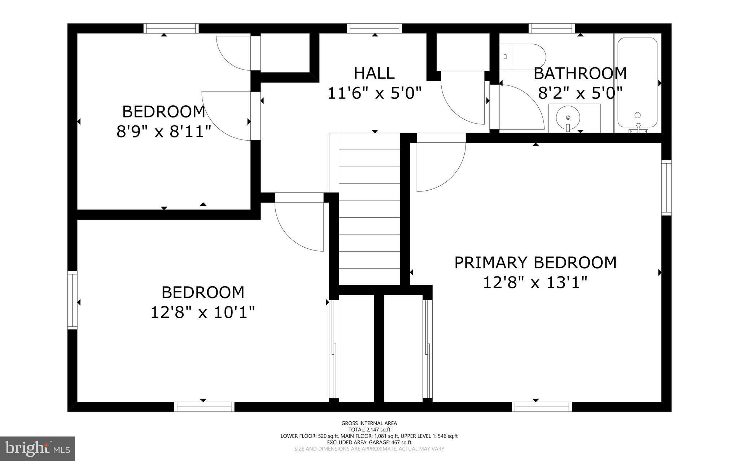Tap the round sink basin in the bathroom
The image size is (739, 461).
(568, 118)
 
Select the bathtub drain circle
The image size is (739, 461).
(638, 115)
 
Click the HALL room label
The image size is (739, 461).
(374, 73)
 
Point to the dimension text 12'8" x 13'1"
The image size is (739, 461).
(535, 282)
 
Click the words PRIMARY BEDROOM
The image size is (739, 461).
(535, 262)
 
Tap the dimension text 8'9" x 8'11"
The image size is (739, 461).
(164, 132)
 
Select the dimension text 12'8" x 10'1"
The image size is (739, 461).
(203, 312)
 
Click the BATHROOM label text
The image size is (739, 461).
(580, 74)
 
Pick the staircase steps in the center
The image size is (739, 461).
(369, 209)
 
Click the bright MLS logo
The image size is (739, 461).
(38, 448)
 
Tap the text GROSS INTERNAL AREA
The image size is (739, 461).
(369, 423)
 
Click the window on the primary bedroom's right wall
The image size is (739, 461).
(666, 188)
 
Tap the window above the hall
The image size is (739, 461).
(375, 28)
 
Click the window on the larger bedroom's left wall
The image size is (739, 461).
(73, 301)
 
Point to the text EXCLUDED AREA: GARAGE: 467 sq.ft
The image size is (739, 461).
(369, 442)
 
